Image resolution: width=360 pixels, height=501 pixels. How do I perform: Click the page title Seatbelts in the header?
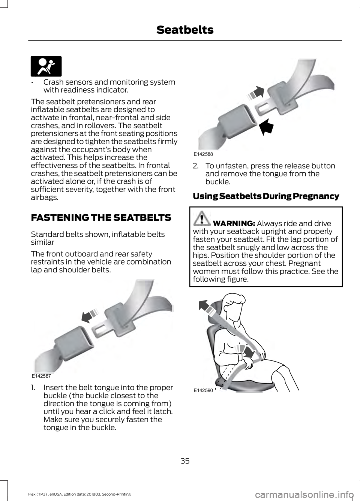coord(185,30)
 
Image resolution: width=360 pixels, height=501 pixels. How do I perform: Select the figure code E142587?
coord(43,375)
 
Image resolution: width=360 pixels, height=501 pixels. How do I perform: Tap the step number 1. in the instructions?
coord(35,387)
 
